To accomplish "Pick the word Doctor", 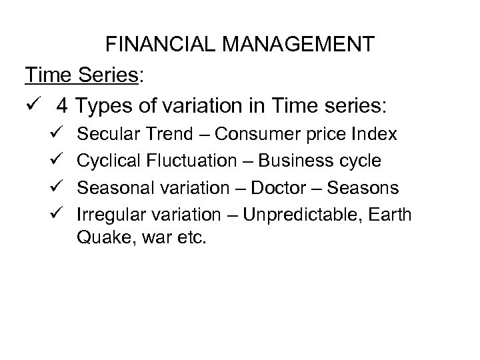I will [273, 188].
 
